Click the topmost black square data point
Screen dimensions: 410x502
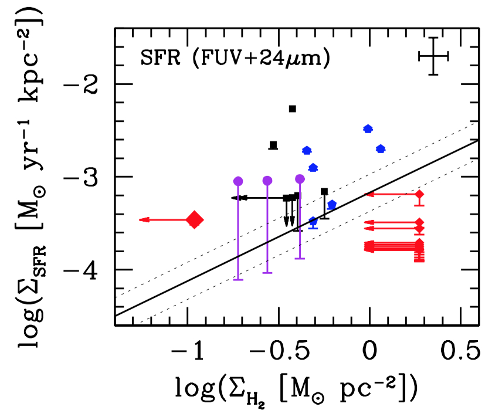pos(292,109)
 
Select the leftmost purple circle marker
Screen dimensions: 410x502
pos(238,181)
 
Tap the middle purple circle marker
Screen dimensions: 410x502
pos(267,181)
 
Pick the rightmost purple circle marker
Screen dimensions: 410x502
pos(300,179)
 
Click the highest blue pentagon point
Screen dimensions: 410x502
pos(368,129)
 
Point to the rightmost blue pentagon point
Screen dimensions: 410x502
pos(381,149)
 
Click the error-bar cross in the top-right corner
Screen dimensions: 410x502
pos(433,56)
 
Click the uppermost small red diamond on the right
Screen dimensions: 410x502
pos(419,194)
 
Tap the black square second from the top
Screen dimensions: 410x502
pos(273,145)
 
